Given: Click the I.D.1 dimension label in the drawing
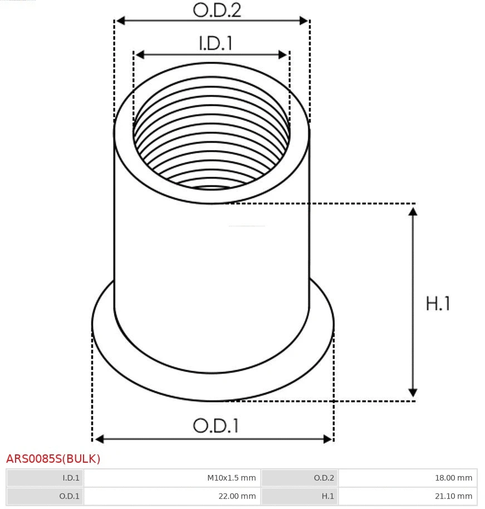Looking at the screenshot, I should (x=215, y=43).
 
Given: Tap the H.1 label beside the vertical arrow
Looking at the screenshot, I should (x=438, y=303).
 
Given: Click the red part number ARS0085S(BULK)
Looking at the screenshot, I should (x=53, y=459).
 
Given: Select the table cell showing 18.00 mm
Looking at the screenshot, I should (x=408, y=478).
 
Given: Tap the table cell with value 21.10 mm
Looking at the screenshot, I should (x=408, y=496).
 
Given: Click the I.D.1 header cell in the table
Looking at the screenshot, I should (x=45, y=478).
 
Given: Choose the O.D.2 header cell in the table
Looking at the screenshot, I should (x=300, y=478).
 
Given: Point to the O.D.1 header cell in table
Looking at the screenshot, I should (x=45, y=496).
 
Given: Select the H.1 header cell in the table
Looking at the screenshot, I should (x=300, y=496).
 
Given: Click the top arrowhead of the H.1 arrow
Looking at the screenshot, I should (x=413, y=211).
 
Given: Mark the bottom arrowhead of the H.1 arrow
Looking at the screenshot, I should (x=413, y=392).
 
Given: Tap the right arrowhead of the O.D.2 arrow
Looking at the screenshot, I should (x=304, y=21).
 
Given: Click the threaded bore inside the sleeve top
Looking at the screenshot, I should (x=212, y=145).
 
